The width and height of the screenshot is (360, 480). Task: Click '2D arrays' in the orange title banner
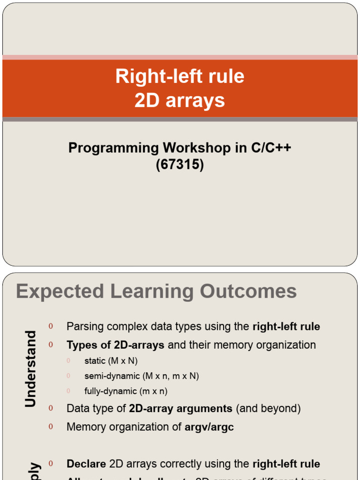pyautogui.click(x=180, y=100)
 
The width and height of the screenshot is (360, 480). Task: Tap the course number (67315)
pyautogui.click(x=180, y=165)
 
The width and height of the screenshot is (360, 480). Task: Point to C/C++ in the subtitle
pyautogui.click(x=270, y=148)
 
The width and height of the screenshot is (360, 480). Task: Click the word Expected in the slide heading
pyautogui.click(x=60, y=291)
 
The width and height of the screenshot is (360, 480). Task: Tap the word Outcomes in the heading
pyautogui.click(x=248, y=291)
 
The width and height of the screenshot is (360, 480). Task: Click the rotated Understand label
pyautogui.click(x=30, y=368)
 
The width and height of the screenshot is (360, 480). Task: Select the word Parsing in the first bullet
pyautogui.click(x=85, y=326)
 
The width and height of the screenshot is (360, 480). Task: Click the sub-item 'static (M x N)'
pyautogui.click(x=111, y=361)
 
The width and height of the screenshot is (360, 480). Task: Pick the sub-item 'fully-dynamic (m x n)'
pyautogui.click(x=126, y=391)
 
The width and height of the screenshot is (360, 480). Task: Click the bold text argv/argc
pyautogui.click(x=209, y=427)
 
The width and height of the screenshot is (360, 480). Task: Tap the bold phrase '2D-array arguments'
pyautogui.click(x=180, y=408)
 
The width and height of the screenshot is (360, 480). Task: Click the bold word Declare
pyautogui.click(x=86, y=464)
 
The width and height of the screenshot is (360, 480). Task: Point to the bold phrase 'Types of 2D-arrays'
pyautogui.click(x=115, y=345)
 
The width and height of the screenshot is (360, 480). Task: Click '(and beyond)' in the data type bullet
pyautogui.click(x=268, y=408)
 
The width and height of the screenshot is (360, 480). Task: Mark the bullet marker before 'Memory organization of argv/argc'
pyautogui.click(x=51, y=427)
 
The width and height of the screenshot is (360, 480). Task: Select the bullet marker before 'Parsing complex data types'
pyautogui.click(x=51, y=326)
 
